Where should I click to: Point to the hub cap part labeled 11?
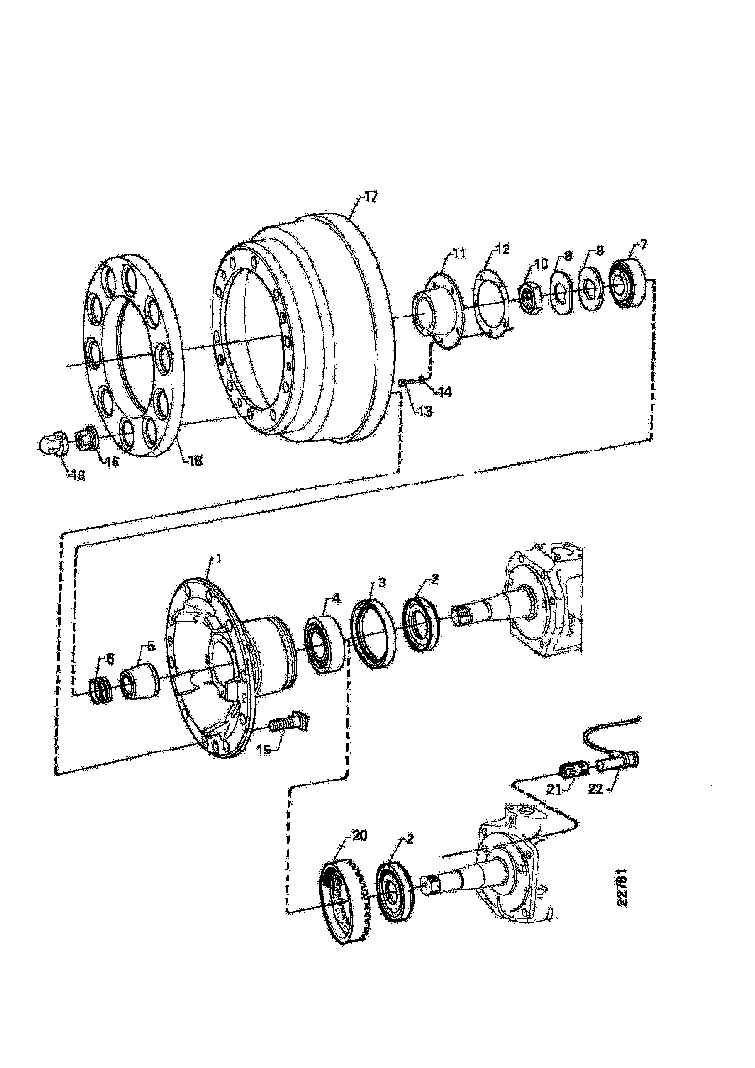pyautogui.click(x=434, y=308)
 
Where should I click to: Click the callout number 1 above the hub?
pyautogui.click(x=219, y=559)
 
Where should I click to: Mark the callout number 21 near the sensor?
pyautogui.click(x=553, y=791)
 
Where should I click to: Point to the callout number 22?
pyautogui.click(x=597, y=789)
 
